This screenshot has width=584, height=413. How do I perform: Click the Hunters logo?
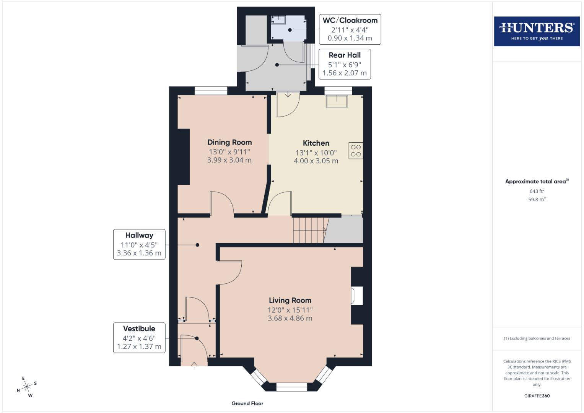(537, 31)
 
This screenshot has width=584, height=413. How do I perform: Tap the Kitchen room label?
(316, 143)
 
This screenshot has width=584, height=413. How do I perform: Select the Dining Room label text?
(229, 142)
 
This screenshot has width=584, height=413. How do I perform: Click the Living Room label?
(290, 301)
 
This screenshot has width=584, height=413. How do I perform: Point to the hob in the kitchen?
(356, 151)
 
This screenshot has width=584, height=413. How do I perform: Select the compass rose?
(26, 387)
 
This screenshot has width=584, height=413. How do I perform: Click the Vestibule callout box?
(139, 338)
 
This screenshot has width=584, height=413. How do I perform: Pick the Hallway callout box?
(139, 244)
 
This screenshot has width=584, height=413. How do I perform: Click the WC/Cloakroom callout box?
(350, 29)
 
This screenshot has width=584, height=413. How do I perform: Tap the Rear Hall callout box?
(344, 64)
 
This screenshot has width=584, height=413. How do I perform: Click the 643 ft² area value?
(537, 191)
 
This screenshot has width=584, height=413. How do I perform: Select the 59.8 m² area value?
(537, 199)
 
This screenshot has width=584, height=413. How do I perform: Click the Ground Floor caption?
(247, 403)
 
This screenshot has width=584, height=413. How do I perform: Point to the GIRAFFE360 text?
(537, 396)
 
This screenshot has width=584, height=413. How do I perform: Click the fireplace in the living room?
(357, 296)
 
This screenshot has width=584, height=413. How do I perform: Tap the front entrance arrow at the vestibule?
(194, 364)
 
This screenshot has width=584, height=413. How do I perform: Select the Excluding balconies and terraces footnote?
(537, 338)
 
